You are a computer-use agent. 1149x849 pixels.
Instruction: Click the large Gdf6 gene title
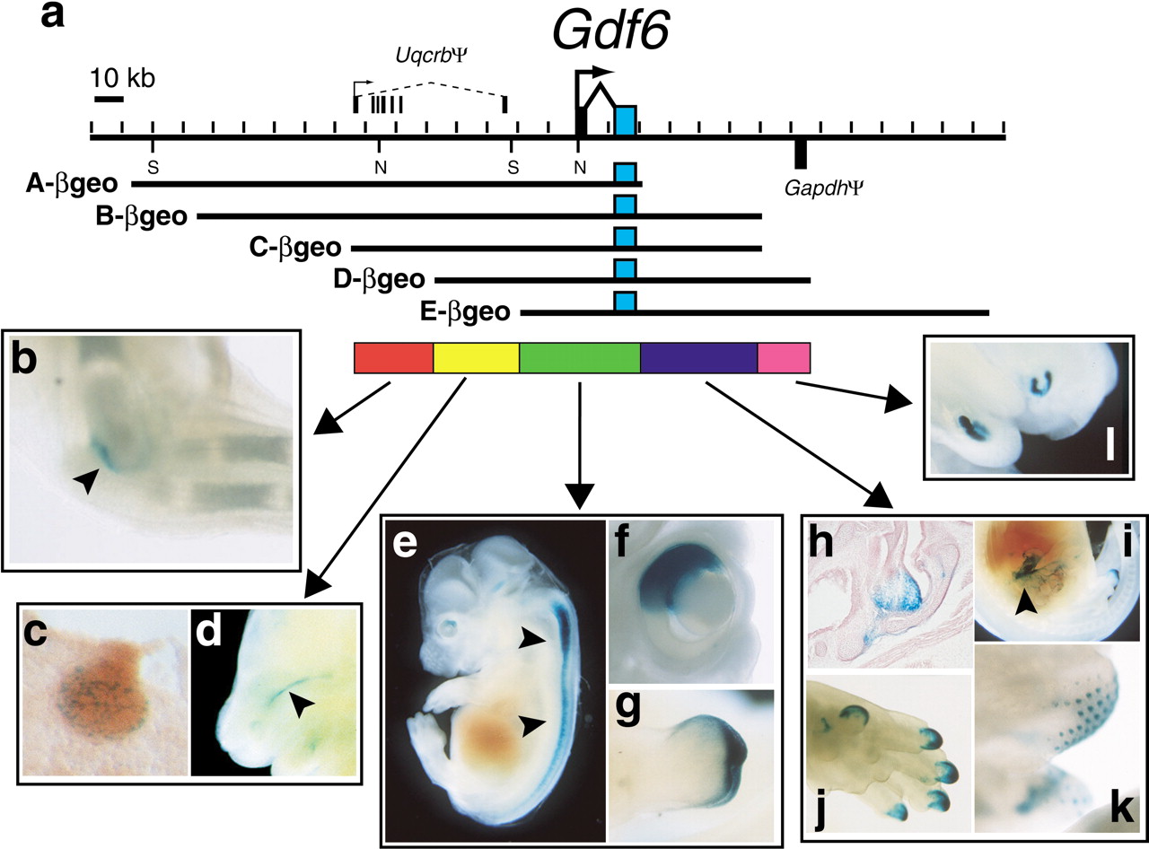tap(611, 30)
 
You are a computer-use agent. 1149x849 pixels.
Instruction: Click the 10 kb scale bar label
tap(123, 79)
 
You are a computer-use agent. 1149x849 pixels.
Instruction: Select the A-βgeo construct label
tap(72, 184)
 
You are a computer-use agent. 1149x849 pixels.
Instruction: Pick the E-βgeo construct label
tap(465, 312)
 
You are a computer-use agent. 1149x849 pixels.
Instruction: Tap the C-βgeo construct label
tap(295, 248)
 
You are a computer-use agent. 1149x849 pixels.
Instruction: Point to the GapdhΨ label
tap(823, 189)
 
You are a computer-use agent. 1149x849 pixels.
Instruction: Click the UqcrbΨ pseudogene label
tap(432, 56)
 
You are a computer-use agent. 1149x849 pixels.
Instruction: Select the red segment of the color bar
tap(394, 357)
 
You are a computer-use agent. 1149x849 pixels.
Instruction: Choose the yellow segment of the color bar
tap(476, 357)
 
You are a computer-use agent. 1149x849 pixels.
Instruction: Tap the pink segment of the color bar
tap(784, 357)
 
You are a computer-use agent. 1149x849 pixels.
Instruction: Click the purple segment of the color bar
tap(699, 357)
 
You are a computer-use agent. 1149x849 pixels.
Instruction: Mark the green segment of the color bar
tap(580, 357)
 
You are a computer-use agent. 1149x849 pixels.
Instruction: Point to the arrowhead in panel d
tap(301, 705)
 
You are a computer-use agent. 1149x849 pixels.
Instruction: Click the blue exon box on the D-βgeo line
tap(626, 269)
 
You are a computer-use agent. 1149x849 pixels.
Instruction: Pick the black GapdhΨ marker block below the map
tap(801, 154)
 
